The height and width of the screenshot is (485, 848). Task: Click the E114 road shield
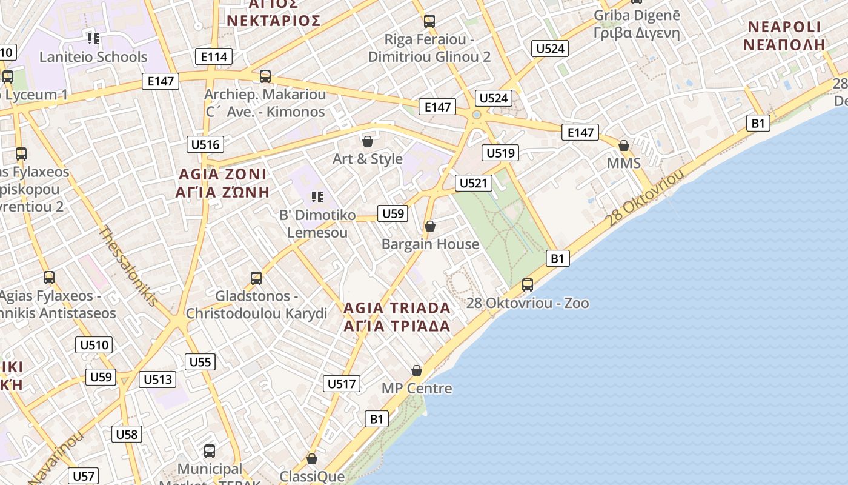(214, 57)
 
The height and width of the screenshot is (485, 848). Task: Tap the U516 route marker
(205, 144)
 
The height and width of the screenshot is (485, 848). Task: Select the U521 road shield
(474, 183)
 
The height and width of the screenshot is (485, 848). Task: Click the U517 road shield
(342, 384)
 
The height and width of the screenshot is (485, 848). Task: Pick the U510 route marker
(95, 346)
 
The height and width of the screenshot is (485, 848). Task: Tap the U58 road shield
(127, 434)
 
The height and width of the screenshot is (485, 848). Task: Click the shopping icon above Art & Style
(367, 141)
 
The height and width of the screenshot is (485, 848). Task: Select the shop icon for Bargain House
(430, 227)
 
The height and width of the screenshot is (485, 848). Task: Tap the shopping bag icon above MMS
(624, 145)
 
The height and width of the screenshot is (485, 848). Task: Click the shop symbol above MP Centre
(417, 370)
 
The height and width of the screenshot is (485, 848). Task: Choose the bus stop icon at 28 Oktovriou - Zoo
(528, 285)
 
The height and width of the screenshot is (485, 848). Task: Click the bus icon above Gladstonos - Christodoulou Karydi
(256, 278)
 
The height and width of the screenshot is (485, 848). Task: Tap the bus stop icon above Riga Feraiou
(429, 21)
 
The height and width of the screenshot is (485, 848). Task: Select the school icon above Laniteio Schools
(93, 39)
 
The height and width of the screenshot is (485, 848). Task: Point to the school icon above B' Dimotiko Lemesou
(317, 196)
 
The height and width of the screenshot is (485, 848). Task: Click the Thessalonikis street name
(129, 266)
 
